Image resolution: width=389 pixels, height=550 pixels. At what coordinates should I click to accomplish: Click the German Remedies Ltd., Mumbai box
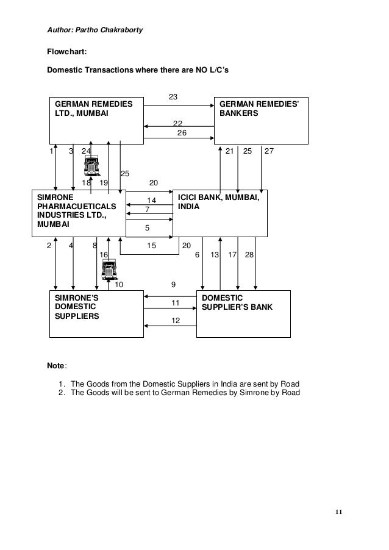(x=96, y=120)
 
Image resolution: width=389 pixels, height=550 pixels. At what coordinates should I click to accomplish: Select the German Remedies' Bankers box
(x=260, y=120)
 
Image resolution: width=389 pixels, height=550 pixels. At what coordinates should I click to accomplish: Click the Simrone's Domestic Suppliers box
(x=96, y=313)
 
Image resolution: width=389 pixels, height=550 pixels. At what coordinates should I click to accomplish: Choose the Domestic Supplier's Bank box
(x=243, y=313)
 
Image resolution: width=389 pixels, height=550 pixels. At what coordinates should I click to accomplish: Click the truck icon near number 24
(x=92, y=166)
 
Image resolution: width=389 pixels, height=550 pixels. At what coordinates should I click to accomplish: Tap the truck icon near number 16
(x=109, y=269)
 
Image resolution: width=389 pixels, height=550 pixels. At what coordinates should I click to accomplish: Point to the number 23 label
(x=173, y=98)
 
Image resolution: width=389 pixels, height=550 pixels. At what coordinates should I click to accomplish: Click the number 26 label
(x=182, y=133)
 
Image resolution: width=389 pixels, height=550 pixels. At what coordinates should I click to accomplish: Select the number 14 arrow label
(x=152, y=201)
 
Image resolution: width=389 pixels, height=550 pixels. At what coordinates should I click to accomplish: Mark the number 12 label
(x=176, y=321)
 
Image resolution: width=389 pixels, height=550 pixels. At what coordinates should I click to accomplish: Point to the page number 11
(x=338, y=511)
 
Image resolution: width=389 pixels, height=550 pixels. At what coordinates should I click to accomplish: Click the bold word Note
(x=57, y=366)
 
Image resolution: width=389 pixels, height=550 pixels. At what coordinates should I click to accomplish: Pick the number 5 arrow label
(x=147, y=228)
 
